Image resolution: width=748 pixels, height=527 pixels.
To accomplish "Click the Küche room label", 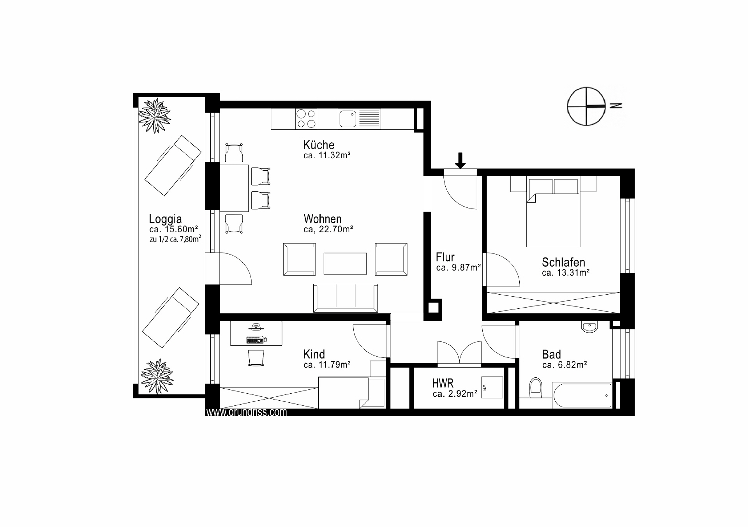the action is [x=319, y=145].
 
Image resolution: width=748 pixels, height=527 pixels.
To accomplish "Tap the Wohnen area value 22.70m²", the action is [x=336, y=229].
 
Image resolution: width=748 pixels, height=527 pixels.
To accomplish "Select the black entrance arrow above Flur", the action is [x=460, y=160].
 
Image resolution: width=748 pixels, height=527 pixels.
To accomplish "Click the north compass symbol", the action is [x=586, y=106].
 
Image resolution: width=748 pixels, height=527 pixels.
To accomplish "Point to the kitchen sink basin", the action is [x=348, y=119].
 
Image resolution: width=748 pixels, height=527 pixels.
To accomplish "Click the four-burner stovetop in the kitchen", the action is [x=306, y=119].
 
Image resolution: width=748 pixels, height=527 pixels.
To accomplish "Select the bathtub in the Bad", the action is [x=582, y=395].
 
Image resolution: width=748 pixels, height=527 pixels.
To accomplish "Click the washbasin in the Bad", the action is [x=589, y=327].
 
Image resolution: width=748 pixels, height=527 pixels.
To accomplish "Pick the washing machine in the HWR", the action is [x=492, y=387].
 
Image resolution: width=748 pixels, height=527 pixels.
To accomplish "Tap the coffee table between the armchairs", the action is [x=345, y=264].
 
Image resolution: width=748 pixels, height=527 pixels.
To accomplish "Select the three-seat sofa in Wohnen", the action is [x=346, y=298].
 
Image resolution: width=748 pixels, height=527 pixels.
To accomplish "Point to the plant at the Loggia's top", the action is [x=155, y=116].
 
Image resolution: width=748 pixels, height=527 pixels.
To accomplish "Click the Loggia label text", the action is [x=166, y=219].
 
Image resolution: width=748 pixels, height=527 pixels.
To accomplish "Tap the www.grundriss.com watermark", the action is [x=246, y=412].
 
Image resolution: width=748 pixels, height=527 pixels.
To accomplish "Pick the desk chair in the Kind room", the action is [x=256, y=357].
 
